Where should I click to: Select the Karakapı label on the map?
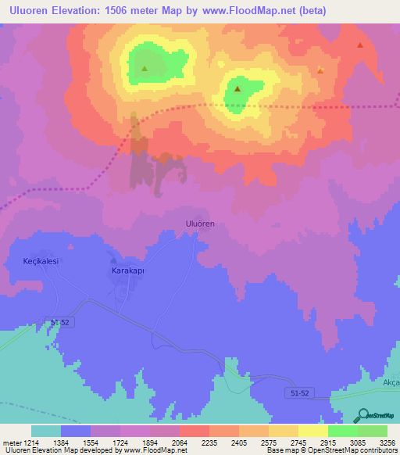[x=125, y=271]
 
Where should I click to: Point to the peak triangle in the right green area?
[x=237, y=90]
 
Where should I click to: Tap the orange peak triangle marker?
[x=320, y=71]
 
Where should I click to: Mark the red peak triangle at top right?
[x=359, y=45]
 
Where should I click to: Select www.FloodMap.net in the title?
[x=243, y=11]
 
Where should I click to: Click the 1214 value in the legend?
[x=32, y=442]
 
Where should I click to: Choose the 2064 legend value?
[x=179, y=442]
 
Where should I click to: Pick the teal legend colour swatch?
[x=46, y=431]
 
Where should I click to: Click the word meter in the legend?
[x=12, y=442]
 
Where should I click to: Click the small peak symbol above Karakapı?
[x=113, y=260]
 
